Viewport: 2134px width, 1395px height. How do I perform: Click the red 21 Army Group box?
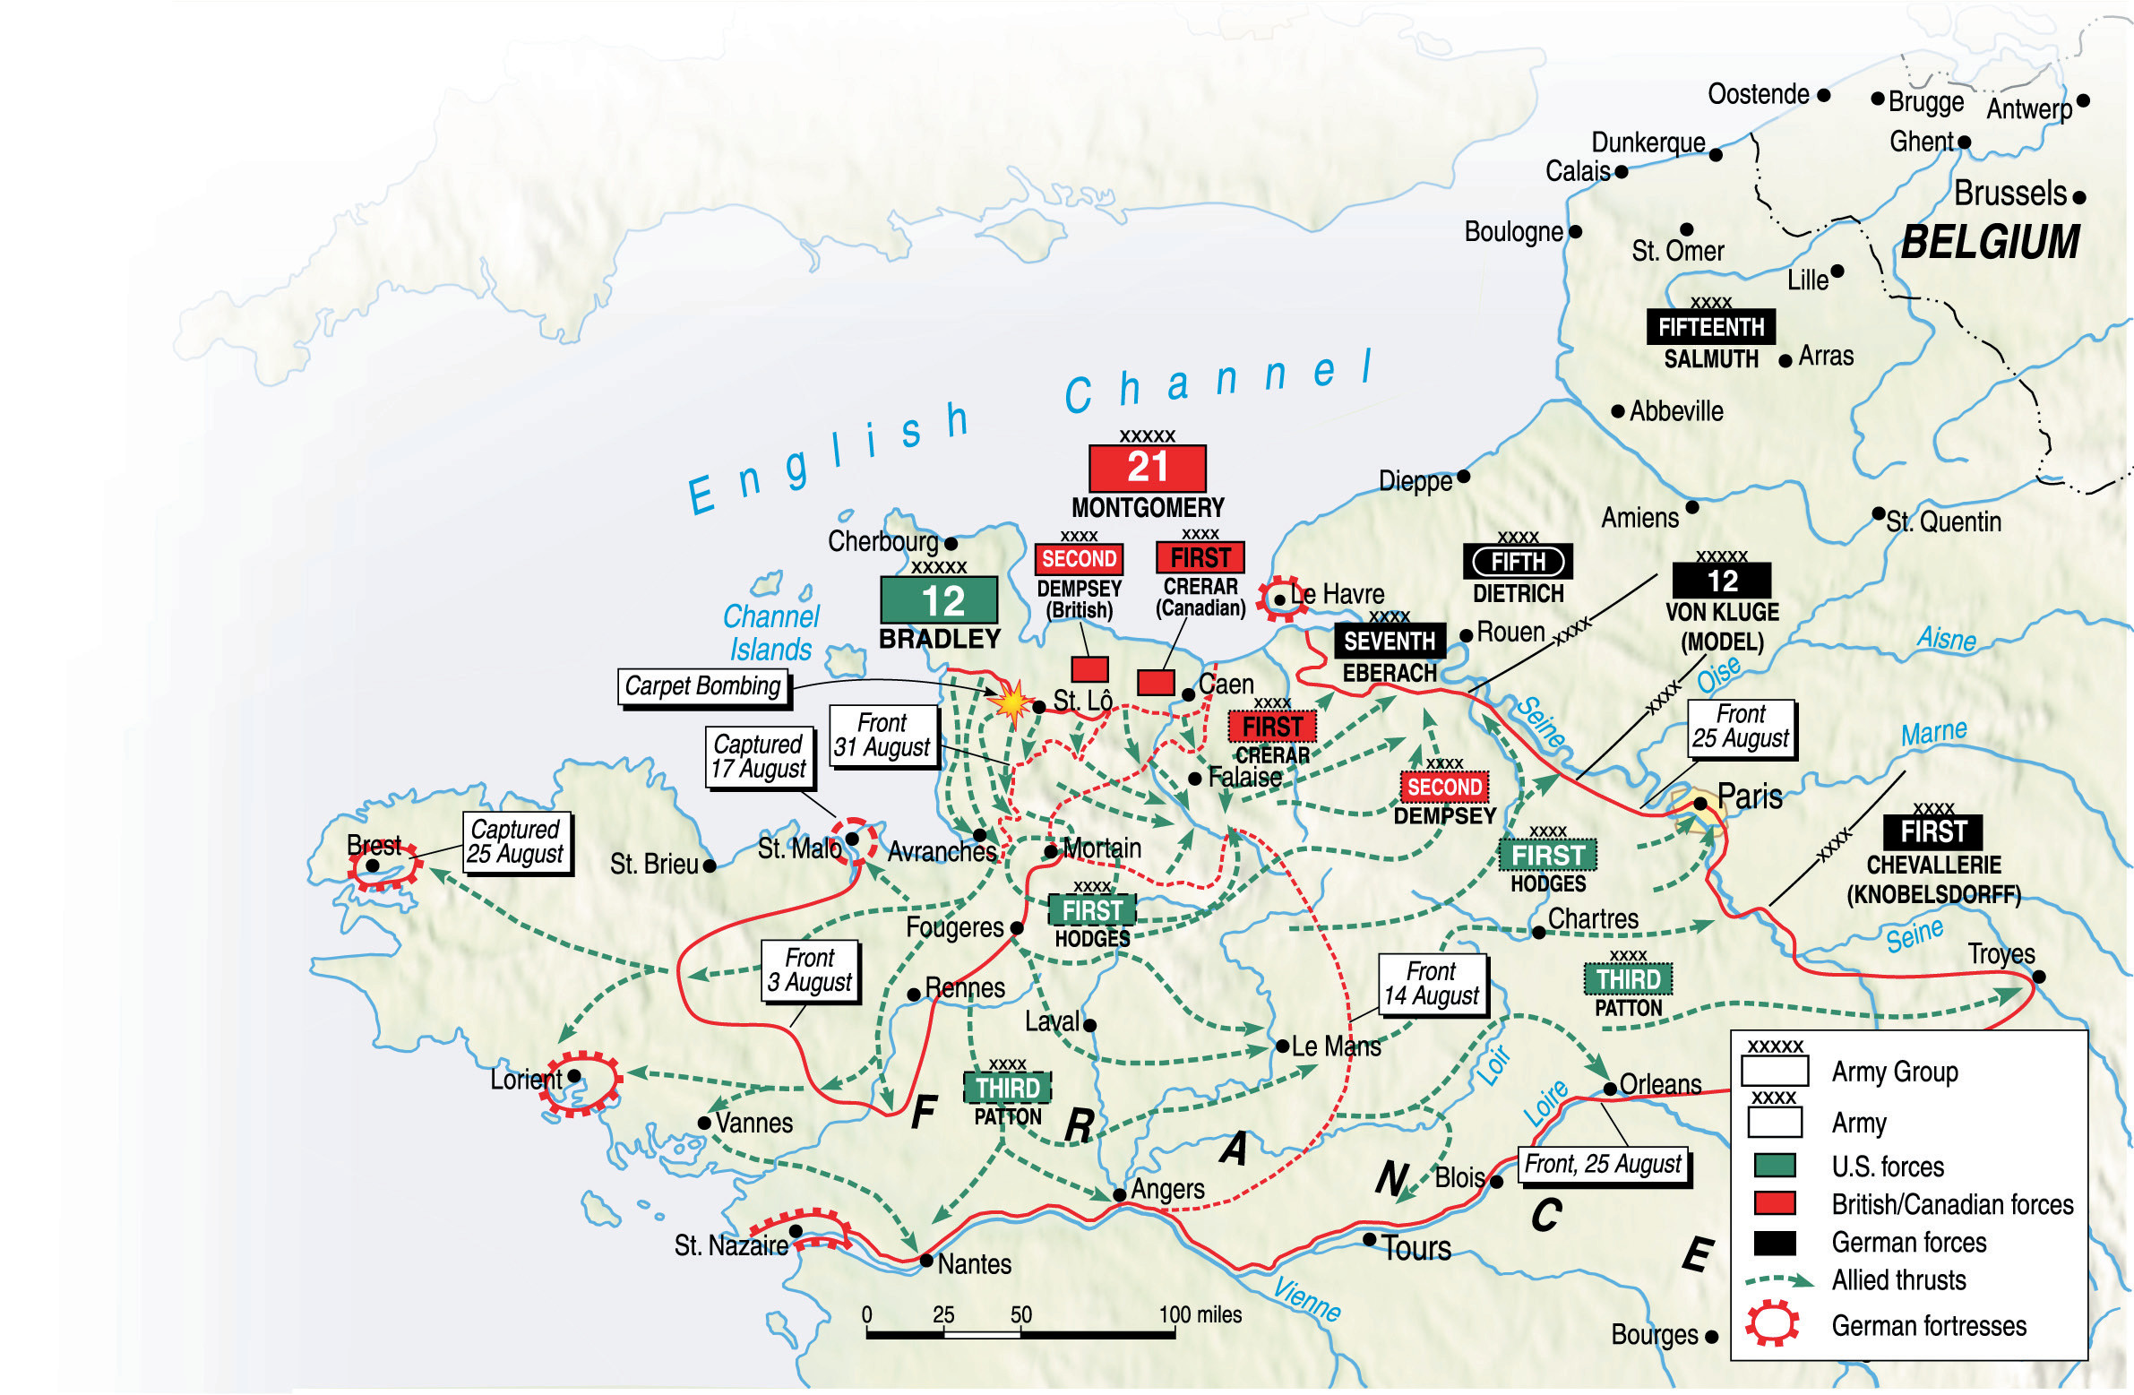1147,468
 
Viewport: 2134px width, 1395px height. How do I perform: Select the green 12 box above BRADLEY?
939,599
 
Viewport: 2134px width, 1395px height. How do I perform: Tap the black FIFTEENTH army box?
1710,327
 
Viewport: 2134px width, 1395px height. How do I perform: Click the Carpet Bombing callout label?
702,686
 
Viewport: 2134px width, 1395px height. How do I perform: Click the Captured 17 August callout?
759,757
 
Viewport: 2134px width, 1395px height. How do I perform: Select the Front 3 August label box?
809,971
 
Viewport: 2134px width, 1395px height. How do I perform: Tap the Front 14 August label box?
1431,985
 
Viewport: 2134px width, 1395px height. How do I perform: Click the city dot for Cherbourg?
951,543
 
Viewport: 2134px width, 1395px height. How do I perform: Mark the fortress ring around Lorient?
583,1083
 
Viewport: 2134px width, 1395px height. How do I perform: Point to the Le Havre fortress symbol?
1280,598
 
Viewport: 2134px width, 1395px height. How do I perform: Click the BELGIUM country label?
1990,242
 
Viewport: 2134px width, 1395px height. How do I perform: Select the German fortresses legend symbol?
1772,1323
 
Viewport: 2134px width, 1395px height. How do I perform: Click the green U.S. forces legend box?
1775,1166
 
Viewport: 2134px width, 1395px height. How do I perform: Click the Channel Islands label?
771,633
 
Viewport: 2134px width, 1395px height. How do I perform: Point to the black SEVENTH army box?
1389,641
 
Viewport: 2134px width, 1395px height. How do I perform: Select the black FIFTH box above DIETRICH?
1518,562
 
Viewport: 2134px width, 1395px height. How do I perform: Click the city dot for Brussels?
2079,197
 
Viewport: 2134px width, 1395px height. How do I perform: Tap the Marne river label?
1934,733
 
